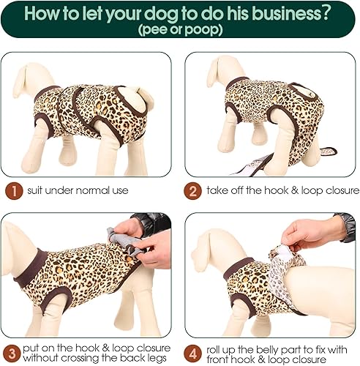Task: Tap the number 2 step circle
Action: pyautogui.click(x=192, y=191)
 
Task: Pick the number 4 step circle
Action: pyautogui.click(x=192, y=352)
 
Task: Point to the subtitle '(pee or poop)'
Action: pyautogui.click(x=180, y=29)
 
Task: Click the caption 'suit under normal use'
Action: pyautogui.click(x=78, y=191)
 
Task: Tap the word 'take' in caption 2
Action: pyautogui.click(x=218, y=191)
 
